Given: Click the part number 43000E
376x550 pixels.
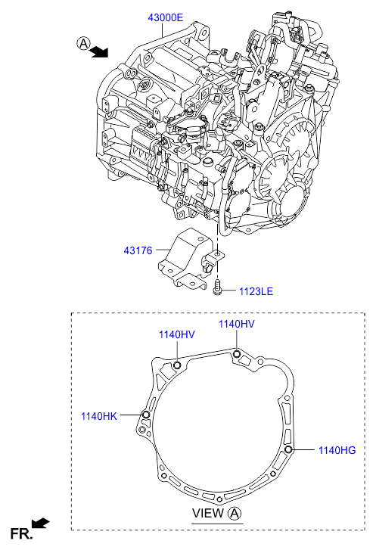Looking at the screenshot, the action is [x=165, y=17].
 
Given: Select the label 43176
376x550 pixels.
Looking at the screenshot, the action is [x=138, y=250].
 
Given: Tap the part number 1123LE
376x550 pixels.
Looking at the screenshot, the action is [x=256, y=291].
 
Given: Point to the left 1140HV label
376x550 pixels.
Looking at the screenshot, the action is [x=177, y=334].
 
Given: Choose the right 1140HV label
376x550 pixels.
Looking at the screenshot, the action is [x=237, y=324].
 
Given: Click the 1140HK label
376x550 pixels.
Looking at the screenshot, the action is [x=99, y=416].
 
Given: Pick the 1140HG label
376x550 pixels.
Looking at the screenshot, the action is [x=337, y=450].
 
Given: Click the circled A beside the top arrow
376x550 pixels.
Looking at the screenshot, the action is [x=83, y=43].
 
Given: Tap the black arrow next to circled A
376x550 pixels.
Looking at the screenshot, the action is [x=99, y=51].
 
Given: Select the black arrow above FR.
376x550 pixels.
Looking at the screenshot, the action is [x=41, y=524].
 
